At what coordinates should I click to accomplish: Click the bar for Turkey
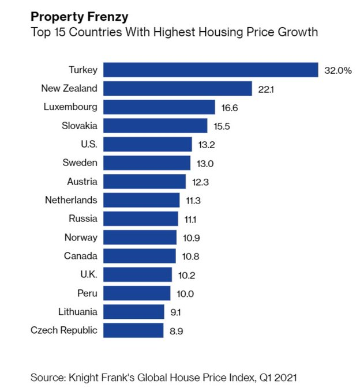pyautogui.click(x=211, y=70)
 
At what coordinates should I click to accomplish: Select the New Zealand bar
pyautogui.click(x=178, y=88)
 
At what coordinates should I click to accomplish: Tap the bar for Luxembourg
pyautogui.click(x=159, y=107)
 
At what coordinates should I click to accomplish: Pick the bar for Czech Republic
pyautogui.click(x=134, y=330)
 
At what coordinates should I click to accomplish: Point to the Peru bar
pyautogui.click(x=137, y=293)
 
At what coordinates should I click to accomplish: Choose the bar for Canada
pyautogui.click(x=140, y=256)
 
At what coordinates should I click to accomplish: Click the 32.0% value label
pyautogui.click(x=337, y=70)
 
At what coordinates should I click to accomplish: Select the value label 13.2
pyautogui.click(x=205, y=145)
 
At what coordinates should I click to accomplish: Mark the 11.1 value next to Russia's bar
pyautogui.click(x=191, y=219)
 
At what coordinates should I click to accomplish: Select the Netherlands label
pyautogui.click(x=71, y=200)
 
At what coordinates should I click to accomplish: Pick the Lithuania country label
pyautogui.click(x=78, y=311)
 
